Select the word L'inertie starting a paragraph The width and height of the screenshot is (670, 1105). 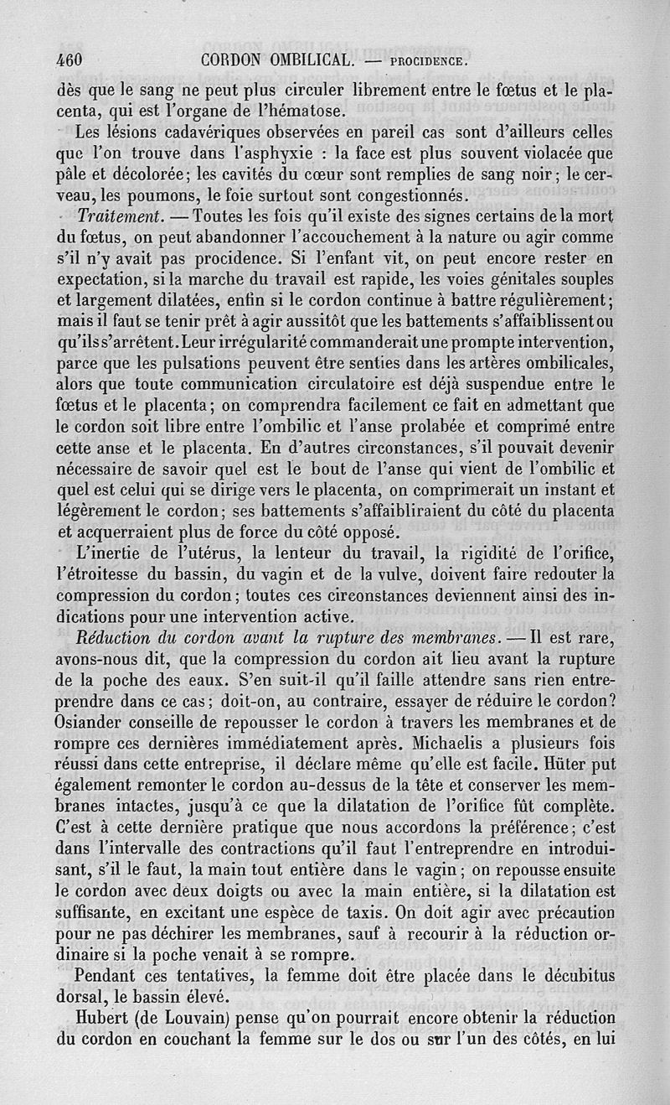click(110, 553)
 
